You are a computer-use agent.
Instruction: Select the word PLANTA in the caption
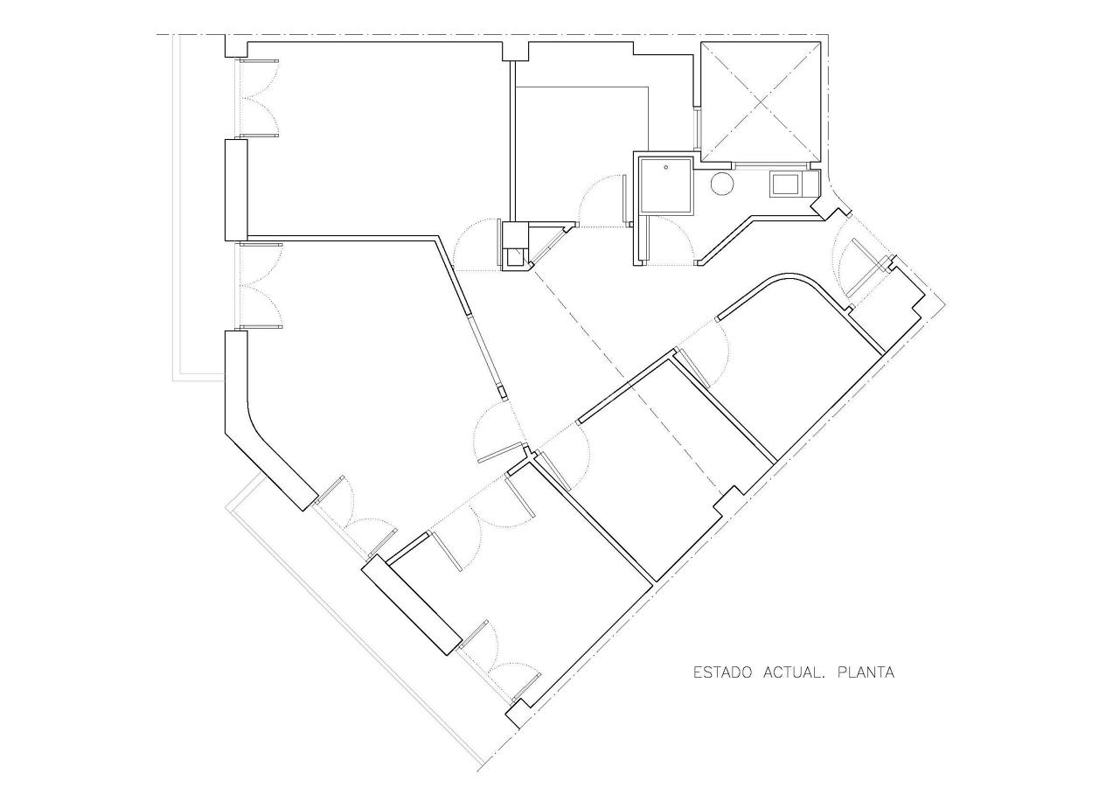pyautogui.click(x=866, y=673)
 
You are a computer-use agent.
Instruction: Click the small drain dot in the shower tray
pyautogui.click(x=666, y=166)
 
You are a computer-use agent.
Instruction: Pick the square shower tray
pyautogui.click(x=666, y=185)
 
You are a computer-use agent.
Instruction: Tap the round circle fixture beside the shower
pyautogui.click(x=722, y=184)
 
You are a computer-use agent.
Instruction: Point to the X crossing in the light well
pyautogui.click(x=760, y=102)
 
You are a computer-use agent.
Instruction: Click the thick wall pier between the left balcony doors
pyautogui.click(x=236, y=189)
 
